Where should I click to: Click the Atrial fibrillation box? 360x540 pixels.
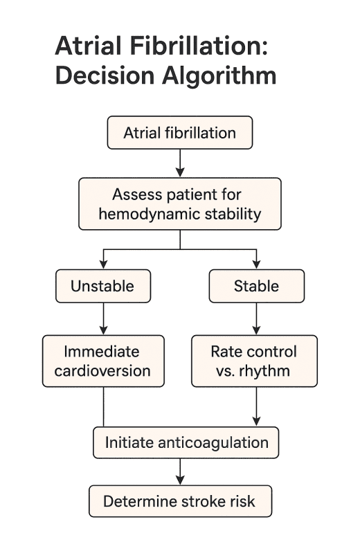point(179,133)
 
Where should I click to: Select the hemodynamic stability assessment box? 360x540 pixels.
point(179,204)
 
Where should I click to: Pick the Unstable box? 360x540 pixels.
point(103,285)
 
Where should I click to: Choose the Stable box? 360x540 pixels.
point(257,285)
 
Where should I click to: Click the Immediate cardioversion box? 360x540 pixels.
point(103,361)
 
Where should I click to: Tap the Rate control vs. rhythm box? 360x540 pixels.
point(254,361)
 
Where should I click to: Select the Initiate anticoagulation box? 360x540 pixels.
point(186,442)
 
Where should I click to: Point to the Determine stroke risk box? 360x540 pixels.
point(179,501)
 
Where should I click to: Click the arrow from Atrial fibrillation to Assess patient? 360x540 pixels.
point(180,163)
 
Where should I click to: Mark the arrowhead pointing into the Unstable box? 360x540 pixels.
point(103,264)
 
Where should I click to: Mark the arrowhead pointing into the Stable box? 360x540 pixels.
point(257,264)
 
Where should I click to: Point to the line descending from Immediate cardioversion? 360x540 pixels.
point(103,406)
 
